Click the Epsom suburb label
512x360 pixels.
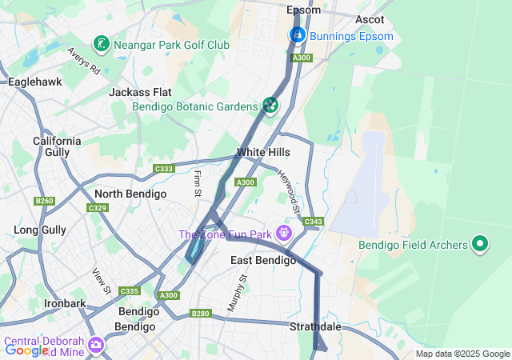pos(303,10)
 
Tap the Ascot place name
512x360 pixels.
pos(370,19)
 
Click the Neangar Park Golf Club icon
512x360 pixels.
pos(102,43)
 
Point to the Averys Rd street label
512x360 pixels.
pos(83,61)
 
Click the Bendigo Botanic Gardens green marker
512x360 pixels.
pos(270,105)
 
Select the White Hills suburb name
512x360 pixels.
pos(263,152)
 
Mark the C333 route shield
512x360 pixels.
pos(164,169)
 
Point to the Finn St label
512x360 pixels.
pos(197,183)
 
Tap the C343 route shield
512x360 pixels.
pos(314,222)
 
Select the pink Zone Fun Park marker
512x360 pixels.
pos(283,233)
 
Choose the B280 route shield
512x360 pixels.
pos(200,314)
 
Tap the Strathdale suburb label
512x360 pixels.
pos(315,326)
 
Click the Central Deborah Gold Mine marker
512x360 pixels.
pos(96,346)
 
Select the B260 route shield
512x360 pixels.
pos(44,201)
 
